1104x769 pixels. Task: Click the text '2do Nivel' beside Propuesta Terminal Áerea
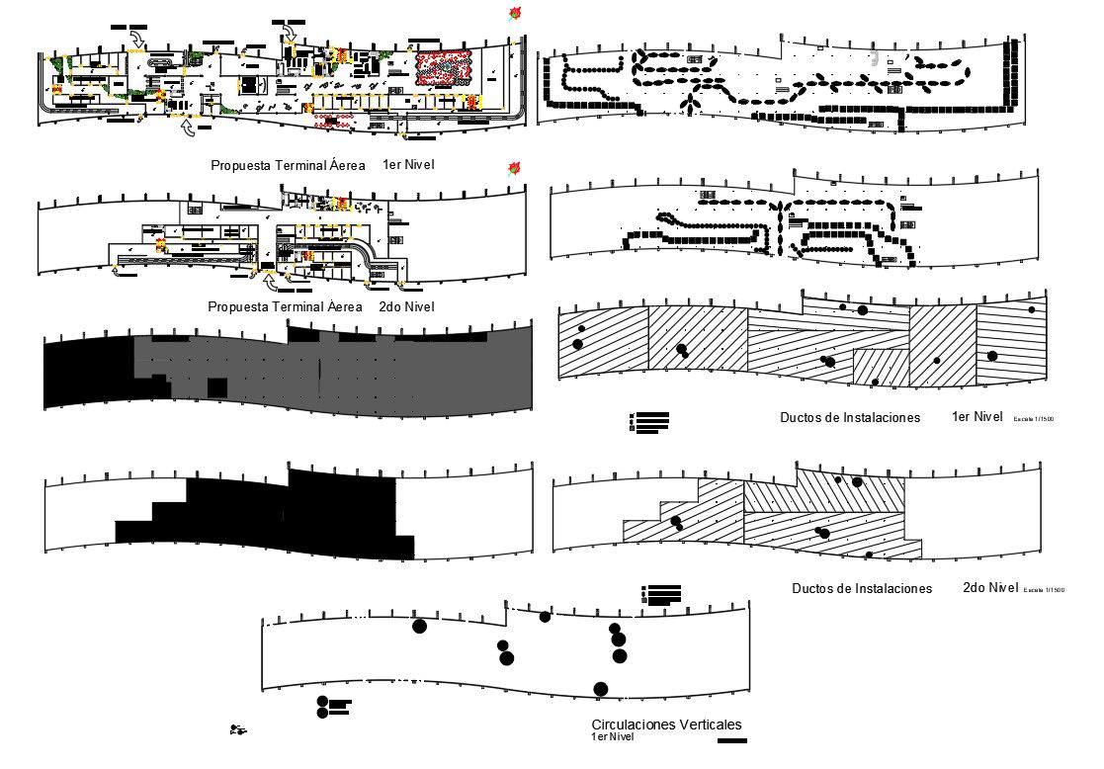click(406, 307)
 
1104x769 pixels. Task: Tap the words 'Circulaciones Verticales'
click(665, 725)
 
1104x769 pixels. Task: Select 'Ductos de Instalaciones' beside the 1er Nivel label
click(849, 418)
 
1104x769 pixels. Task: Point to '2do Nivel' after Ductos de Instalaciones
click(990, 587)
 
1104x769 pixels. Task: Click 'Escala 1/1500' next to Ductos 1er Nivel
click(1033, 420)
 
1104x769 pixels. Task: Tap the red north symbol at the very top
click(514, 14)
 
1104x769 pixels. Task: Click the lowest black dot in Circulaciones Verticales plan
click(600, 689)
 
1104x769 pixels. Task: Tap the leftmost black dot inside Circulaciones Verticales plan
click(419, 626)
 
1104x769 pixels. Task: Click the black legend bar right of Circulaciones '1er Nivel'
click(732, 740)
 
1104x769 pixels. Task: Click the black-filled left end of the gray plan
click(87, 372)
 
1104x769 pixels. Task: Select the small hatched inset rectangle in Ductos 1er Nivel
click(880, 367)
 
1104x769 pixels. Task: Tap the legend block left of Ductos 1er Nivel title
click(649, 422)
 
